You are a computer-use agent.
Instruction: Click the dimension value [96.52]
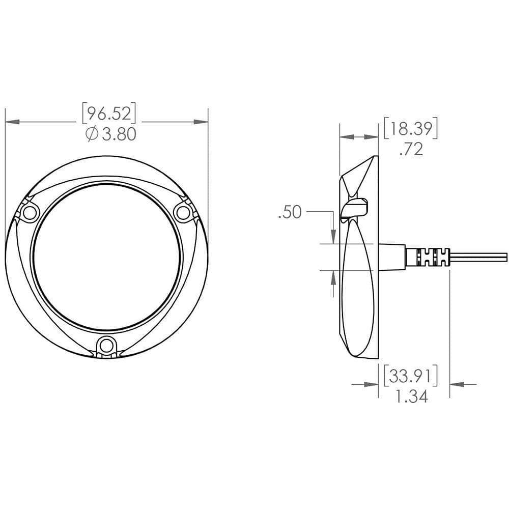(x=109, y=114)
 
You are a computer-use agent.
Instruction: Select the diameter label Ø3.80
(x=111, y=134)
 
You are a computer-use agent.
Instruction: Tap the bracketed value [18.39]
(x=411, y=128)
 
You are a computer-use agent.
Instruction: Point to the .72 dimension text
(x=411, y=149)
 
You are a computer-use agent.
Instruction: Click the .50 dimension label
(x=290, y=212)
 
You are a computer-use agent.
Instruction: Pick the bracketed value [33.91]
(x=411, y=376)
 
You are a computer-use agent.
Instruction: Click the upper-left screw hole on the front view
(x=29, y=213)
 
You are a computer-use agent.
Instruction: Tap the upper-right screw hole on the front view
(x=182, y=213)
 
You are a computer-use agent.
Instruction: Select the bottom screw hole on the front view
(x=106, y=346)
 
